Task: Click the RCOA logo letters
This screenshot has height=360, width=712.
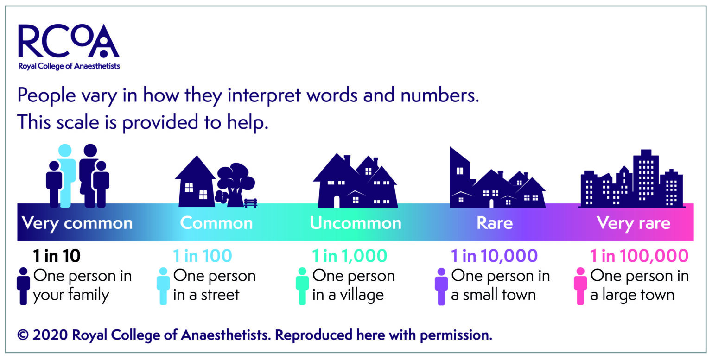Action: pos(69,41)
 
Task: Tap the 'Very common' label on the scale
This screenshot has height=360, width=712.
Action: pos(77,223)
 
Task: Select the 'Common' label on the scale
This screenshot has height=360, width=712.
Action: pos(216,223)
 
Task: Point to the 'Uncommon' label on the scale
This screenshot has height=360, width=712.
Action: pos(356,223)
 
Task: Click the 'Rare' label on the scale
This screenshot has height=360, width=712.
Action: pos(495,223)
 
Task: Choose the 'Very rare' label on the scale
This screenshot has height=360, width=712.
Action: pos(634,223)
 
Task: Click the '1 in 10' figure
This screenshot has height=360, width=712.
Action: pos(57,256)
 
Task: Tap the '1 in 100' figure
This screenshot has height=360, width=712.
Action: pos(203,256)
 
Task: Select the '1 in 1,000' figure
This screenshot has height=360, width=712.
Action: pos(350,256)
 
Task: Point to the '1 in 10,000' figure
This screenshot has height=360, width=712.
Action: pos(494,256)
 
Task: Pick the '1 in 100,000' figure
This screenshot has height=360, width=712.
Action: pos(639,256)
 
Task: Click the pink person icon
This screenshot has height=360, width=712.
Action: pos(580,286)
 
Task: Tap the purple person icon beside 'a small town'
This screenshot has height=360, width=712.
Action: pos(441,286)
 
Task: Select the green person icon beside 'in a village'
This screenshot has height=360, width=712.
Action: pos(302,286)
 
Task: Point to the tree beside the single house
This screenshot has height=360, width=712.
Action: pos(235,185)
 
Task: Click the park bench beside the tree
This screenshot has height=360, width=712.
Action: pos(251,203)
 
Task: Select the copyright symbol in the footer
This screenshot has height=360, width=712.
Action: pos(23,335)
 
